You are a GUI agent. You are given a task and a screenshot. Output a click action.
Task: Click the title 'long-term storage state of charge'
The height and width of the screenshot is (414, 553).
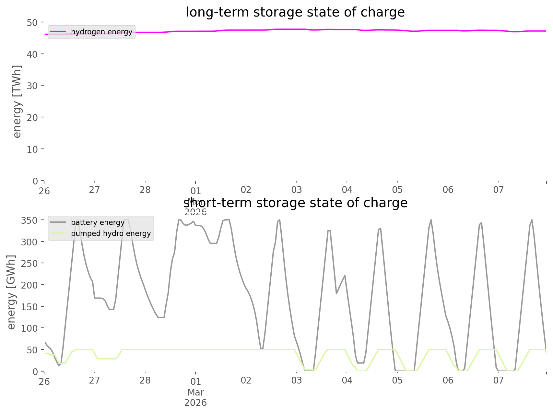coord(295,12)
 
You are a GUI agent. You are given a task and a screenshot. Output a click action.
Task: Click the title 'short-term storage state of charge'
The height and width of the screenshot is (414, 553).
coord(295,203)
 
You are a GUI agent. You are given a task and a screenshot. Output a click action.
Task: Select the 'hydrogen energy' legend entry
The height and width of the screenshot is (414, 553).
coord(101,32)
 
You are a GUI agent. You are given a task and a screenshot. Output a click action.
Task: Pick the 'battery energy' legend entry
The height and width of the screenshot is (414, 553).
coord(98,222)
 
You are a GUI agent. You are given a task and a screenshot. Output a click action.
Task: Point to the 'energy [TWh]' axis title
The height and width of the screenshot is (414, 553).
coord(17,101)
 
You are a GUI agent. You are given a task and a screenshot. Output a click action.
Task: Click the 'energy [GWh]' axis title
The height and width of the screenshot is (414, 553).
coord(11,292)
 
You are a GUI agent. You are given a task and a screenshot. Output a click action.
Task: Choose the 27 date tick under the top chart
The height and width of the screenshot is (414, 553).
coord(94,190)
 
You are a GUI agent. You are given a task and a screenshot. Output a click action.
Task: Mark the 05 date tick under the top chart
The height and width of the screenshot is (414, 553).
coord(397,190)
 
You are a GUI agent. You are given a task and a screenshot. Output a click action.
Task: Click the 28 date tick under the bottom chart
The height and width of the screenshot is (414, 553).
coord(145,380)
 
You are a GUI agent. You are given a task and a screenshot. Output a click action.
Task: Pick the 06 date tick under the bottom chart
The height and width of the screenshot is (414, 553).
coord(448,380)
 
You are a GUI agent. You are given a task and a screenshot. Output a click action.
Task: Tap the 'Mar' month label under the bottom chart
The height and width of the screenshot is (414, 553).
coord(195,392)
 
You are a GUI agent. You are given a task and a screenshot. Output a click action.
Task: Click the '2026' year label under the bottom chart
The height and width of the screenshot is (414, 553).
coord(195,403)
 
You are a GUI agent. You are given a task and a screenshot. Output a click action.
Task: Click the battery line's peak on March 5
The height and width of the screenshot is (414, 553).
coord(431,220)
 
